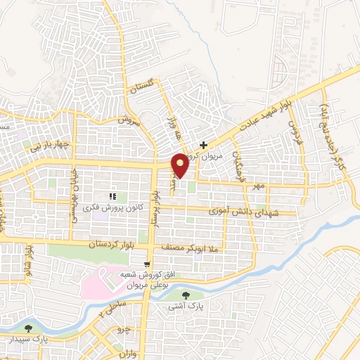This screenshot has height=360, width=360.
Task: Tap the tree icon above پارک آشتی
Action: pyautogui.click(x=186, y=296)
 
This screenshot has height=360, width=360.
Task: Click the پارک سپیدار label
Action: pyautogui.click(x=28, y=338)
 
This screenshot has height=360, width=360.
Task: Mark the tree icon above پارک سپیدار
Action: pyautogui.click(x=28, y=328)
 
